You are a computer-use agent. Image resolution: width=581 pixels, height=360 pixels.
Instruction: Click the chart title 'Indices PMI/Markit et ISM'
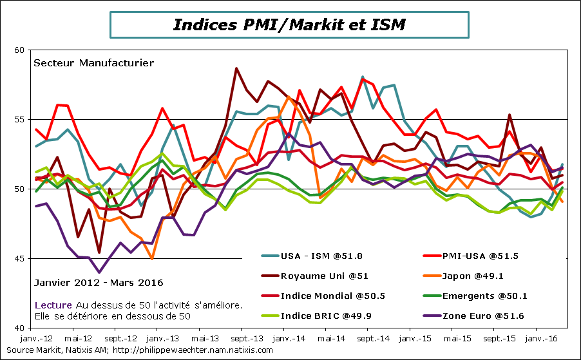pos(289,24)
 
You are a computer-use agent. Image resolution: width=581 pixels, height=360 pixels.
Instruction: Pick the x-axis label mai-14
pos(329,337)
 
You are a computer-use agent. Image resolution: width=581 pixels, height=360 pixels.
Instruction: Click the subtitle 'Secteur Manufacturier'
pos(93,63)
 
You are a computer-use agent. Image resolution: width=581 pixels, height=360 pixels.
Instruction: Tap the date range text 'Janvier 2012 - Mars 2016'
pos(98,283)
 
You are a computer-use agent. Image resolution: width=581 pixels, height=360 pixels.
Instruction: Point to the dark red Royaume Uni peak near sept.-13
pos(236,68)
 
